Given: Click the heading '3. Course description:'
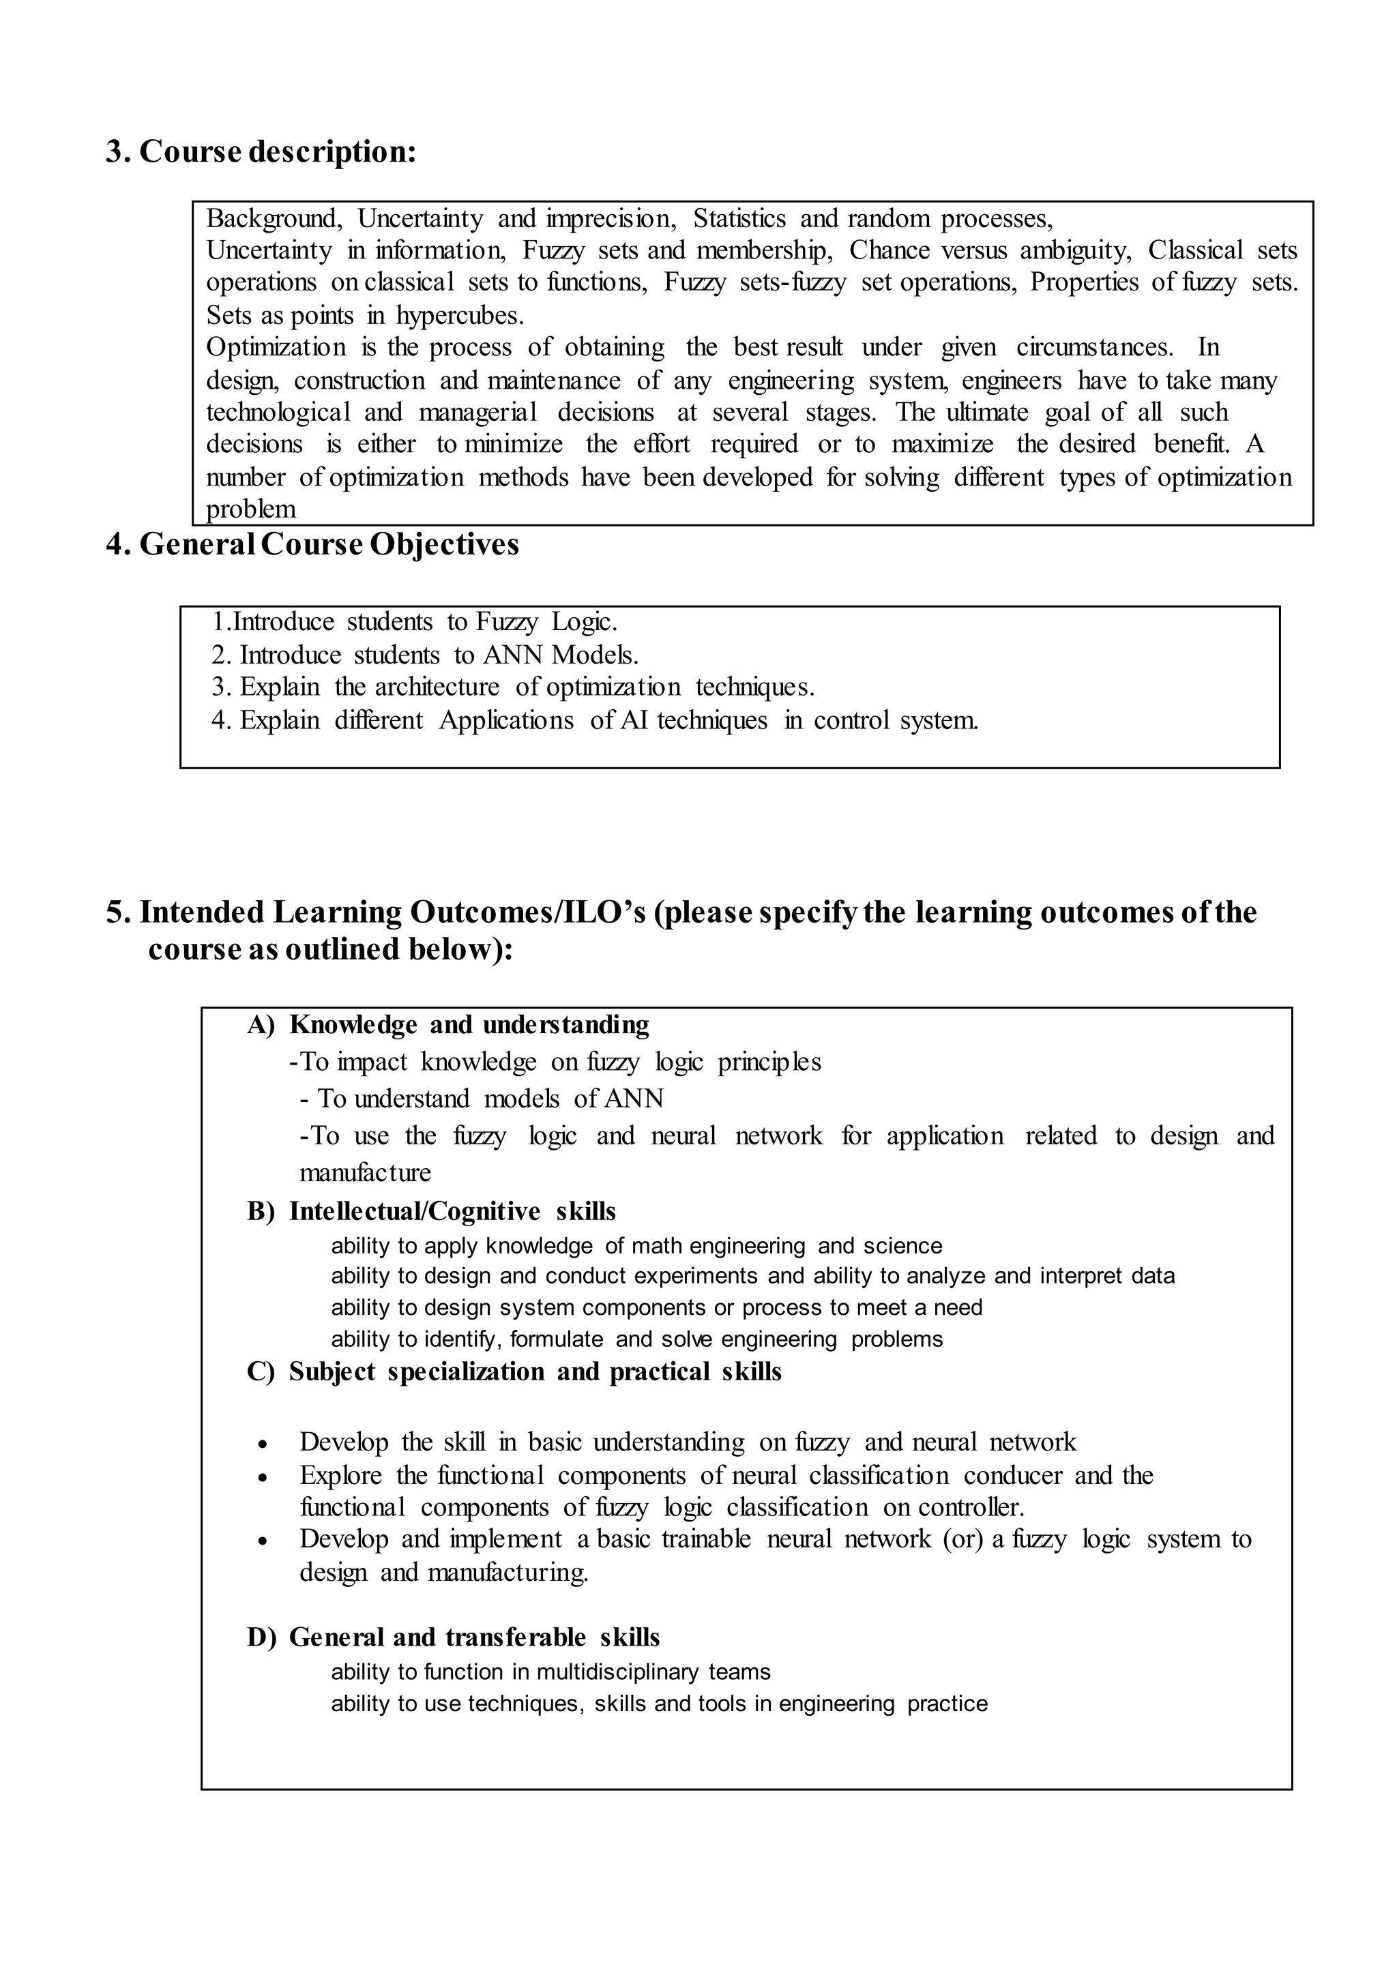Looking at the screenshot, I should click(261, 151).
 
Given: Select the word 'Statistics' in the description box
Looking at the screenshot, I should click(739, 218).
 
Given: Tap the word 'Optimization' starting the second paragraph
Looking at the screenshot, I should click(276, 348).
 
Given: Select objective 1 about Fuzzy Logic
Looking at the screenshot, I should click(415, 621).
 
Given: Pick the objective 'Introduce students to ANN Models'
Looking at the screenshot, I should click(425, 655).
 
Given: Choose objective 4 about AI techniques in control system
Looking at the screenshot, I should click(594, 720).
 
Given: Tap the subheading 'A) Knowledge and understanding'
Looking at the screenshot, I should click(448, 1024).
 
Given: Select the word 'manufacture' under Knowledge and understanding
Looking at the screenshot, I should click(365, 1172).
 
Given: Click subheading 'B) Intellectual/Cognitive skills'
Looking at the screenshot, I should click(431, 1211).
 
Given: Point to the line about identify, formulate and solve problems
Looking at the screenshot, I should click(636, 1339).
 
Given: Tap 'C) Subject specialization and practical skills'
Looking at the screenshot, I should click(514, 1371).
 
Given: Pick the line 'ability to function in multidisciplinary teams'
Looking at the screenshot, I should click(550, 1672).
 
